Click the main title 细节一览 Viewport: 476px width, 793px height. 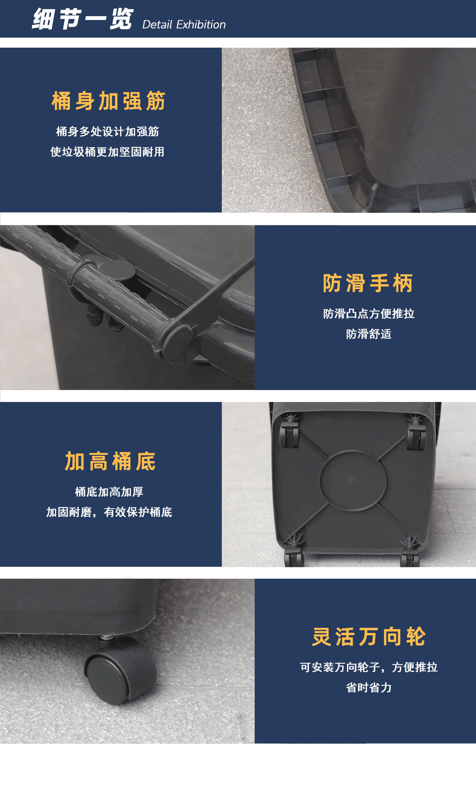[x=82, y=19]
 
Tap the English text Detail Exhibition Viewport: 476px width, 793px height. [x=184, y=24]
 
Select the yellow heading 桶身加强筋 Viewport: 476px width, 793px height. [x=109, y=101]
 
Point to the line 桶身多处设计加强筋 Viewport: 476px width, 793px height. [x=108, y=131]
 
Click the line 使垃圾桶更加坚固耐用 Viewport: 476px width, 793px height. [x=107, y=152]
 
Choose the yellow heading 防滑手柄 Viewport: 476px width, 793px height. [x=368, y=283]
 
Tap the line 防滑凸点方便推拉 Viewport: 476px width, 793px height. [x=369, y=313]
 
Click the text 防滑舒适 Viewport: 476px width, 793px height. [x=369, y=334]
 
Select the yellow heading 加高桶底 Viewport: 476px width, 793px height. [x=110, y=462]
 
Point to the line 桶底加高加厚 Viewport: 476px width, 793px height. [x=109, y=492]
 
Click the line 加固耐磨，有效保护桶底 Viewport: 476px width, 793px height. [x=109, y=512]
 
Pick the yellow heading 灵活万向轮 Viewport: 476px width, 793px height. [x=369, y=636]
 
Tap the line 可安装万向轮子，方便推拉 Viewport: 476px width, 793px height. [x=369, y=667]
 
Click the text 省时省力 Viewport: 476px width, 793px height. [x=369, y=687]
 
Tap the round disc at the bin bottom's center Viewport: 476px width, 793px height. [x=353, y=480]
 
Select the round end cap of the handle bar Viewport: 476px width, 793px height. [x=177, y=340]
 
